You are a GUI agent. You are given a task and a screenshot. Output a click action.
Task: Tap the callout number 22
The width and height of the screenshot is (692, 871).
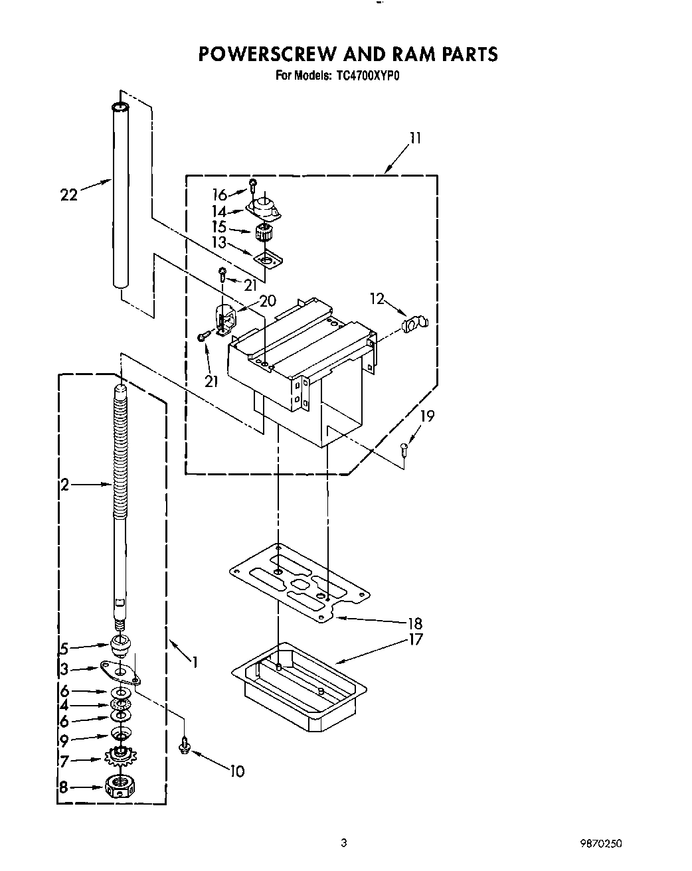[x=68, y=195]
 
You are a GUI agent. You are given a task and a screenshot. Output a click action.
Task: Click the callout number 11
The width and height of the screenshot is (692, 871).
[x=415, y=138]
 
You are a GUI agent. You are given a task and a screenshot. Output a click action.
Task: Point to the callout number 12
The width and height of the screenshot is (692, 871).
[x=377, y=299]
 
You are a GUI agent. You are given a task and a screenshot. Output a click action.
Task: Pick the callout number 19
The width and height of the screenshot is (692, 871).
[x=428, y=416]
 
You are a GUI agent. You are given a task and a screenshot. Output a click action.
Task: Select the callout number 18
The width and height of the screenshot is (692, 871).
[x=416, y=623]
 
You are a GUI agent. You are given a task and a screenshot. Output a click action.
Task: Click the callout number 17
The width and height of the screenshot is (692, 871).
[x=416, y=640]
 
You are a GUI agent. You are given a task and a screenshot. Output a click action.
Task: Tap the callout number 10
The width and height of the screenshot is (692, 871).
[x=237, y=771]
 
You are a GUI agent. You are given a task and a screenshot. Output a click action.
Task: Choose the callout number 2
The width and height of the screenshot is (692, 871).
[x=64, y=485]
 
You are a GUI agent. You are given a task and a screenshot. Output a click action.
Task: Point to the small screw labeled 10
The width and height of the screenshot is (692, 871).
[x=184, y=746]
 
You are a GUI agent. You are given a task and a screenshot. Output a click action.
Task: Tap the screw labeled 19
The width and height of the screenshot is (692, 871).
[x=404, y=451]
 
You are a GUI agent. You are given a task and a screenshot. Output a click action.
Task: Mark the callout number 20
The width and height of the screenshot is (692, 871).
[x=268, y=301]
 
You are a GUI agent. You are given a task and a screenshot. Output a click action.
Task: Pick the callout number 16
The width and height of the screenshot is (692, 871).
[x=220, y=195]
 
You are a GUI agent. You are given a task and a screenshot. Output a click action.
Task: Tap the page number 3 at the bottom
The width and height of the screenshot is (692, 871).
[x=343, y=844]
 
